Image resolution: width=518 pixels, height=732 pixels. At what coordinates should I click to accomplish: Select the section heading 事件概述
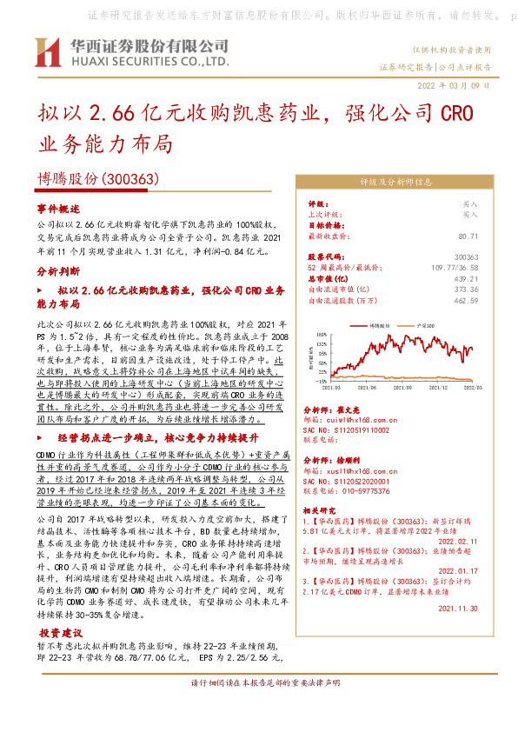click(x=58, y=210)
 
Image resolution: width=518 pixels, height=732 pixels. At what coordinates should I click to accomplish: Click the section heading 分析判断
click(x=58, y=271)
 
